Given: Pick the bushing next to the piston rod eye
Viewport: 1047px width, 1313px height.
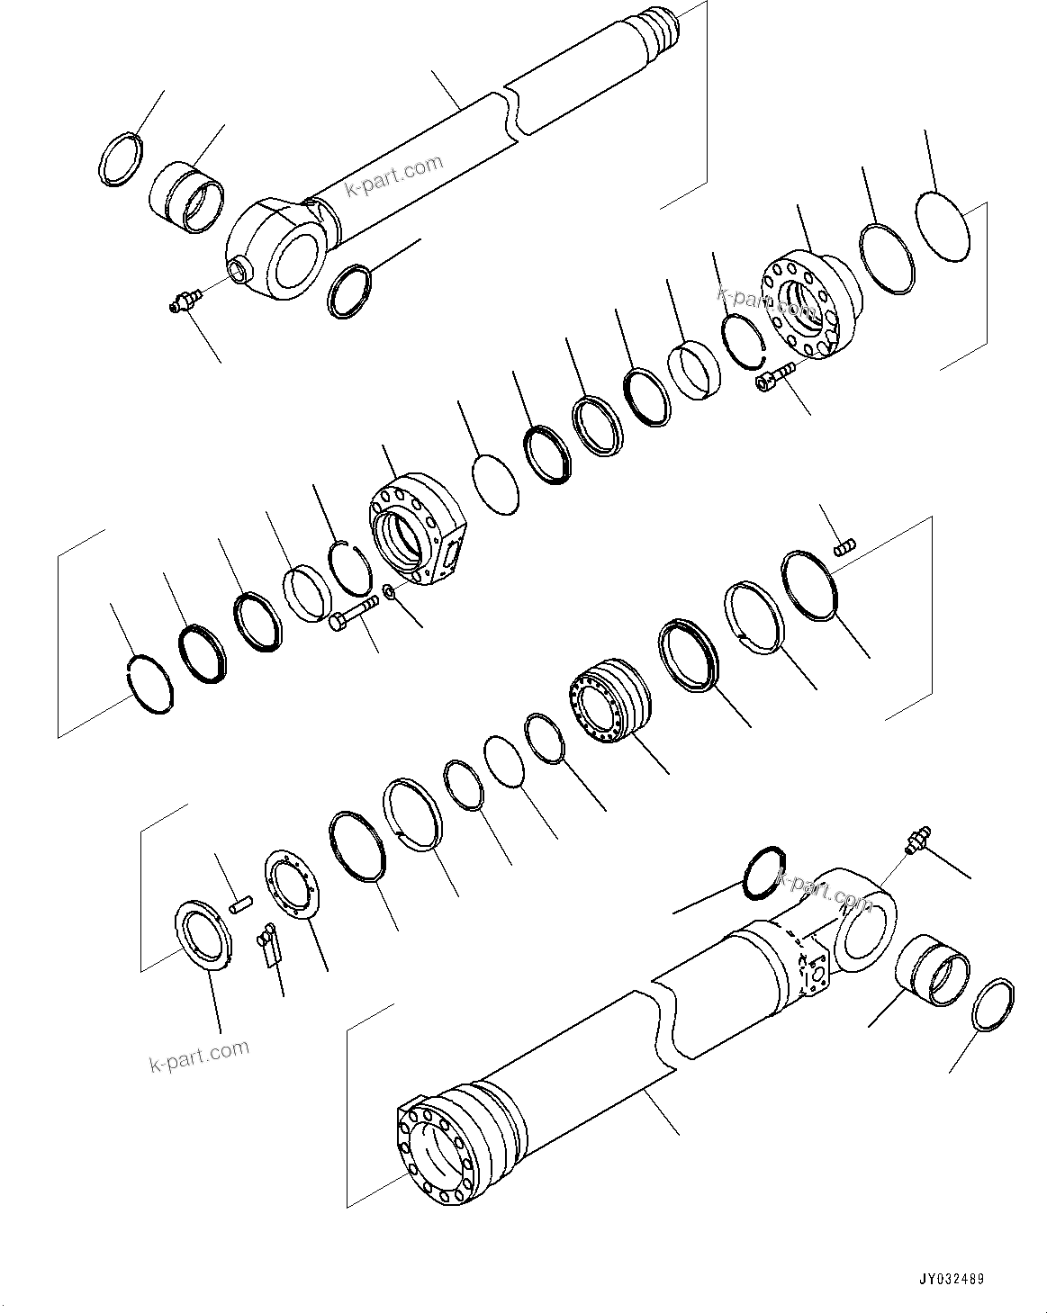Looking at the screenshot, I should point(186,193).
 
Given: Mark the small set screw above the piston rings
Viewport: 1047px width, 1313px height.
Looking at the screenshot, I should point(845,545).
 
